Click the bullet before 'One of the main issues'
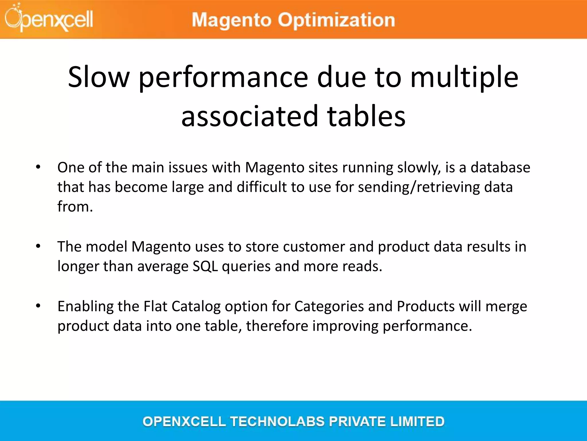point(38,167)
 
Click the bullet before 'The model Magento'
point(38,246)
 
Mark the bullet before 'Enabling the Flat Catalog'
point(38,306)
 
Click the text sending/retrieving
point(419,187)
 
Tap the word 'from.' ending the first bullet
point(75,206)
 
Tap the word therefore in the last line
point(277,326)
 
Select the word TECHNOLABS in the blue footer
point(278,421)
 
